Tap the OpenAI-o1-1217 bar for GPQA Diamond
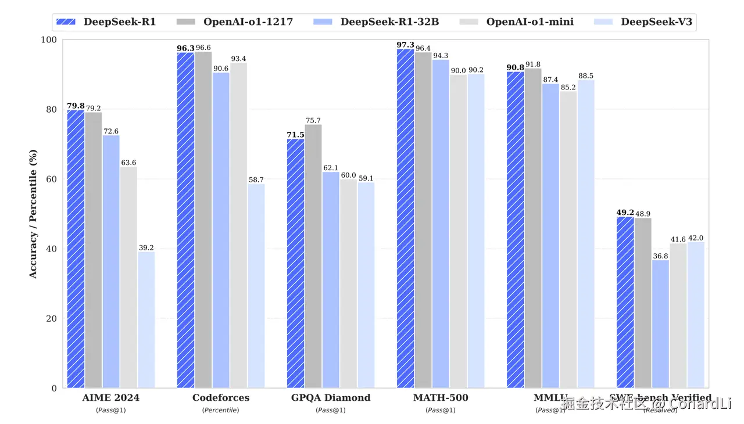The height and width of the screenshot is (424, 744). pyautogui.click(x=313, y=256)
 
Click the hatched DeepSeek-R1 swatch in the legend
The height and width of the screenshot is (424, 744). pyautogui.click(x=67, y=23)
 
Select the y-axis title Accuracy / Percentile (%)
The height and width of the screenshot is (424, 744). pyautogui.click(x=33, y=214)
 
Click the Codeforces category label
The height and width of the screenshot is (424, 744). pyautogui.click(x=221, y=398)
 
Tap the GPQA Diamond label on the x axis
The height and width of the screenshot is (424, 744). pyautogui.click(x=331, y=398)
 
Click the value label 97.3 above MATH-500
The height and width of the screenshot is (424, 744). pyautogui.click(x=405, y=45)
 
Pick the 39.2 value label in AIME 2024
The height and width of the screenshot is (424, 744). pyautogui.click(x=146, y=248)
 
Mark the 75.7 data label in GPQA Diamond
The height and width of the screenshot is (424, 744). pyautogui.click(x=313, y=120)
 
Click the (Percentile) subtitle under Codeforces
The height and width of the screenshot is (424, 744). pyautogui.click(x=221, y=410)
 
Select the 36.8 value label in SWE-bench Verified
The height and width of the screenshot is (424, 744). pyautogui.click(x=660, y=256)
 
